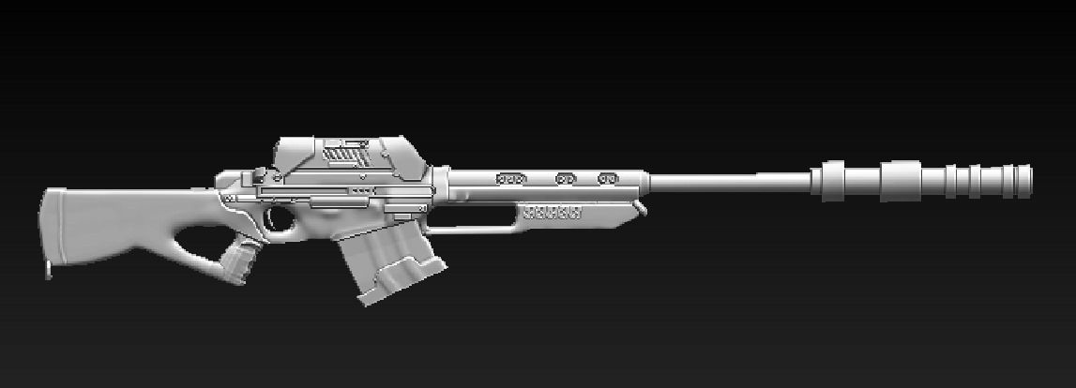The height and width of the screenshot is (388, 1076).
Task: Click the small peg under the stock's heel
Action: coord(49,271)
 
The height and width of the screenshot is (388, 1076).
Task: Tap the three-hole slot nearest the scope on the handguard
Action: coord(510,177)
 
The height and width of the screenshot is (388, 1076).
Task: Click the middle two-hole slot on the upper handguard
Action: coord(566,177)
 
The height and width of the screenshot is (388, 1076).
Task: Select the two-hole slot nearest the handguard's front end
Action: coord(609,177)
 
